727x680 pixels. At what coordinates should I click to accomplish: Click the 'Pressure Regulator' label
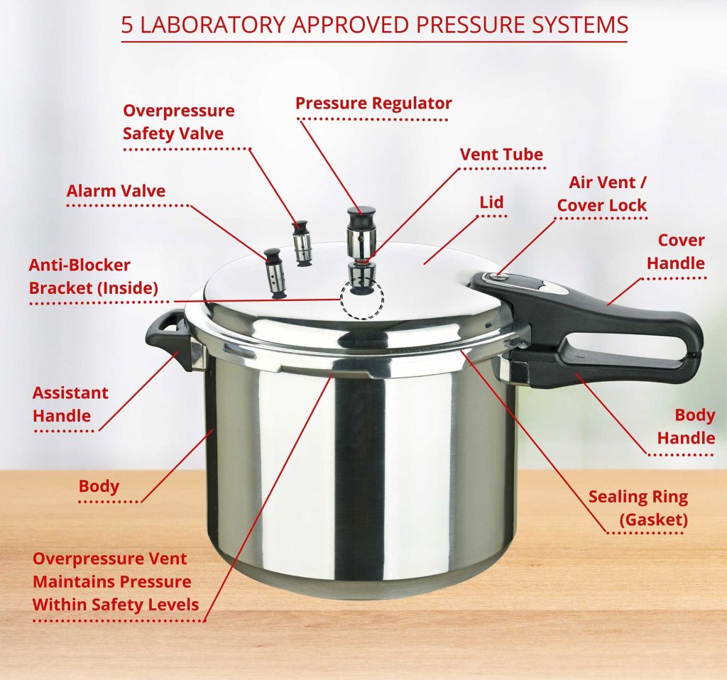tap(373, 103)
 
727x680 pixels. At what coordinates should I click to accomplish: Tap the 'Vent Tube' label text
tap(501, 154)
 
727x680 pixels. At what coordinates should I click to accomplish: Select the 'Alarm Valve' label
tap(116, 191)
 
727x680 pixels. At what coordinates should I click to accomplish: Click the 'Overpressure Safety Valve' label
tap(179, 122)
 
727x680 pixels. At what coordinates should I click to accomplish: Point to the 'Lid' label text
tap(491, 202)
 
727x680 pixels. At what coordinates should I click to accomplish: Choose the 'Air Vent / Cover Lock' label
tap(602, 194)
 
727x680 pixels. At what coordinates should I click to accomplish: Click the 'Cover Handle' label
tap(676, 252)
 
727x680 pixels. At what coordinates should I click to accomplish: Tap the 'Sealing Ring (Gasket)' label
tap(638, 508)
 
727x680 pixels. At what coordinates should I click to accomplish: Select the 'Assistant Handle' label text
tap(70, 404)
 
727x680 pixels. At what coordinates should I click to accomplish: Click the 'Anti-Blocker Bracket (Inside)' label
tap(94, 277)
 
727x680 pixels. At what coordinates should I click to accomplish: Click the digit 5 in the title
tap(127, 25)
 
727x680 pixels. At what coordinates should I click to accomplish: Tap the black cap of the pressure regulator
tap(361, 216)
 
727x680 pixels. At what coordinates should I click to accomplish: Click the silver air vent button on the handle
tap(496, 278)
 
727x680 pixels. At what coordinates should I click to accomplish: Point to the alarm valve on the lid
tap(273, 273)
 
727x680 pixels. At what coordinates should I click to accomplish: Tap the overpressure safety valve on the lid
tap(302, 243)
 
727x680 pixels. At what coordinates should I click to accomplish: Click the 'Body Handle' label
tap(687, 427)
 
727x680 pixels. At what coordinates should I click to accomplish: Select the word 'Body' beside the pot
tap(99, 486)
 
